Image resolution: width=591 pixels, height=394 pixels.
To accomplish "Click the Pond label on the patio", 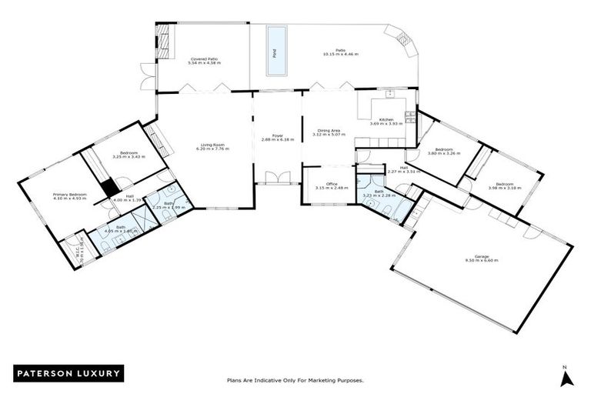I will click(275, 53).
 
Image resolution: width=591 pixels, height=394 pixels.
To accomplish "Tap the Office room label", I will click(332, 185).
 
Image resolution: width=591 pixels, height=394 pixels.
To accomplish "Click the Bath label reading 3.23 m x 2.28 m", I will click(379, 193).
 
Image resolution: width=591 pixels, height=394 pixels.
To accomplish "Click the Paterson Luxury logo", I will click(68, 373).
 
